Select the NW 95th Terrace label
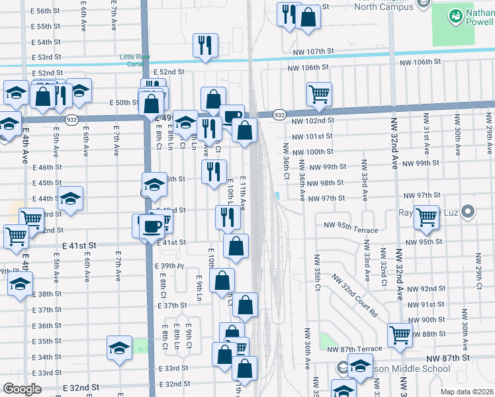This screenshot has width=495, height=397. tap(351, 230)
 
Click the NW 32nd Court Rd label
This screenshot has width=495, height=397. tap(354, 295)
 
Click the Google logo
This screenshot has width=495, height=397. tap(22, 389)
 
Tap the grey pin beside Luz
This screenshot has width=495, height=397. tap(469, 212)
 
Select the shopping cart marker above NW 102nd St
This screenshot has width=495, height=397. tap(319, 93)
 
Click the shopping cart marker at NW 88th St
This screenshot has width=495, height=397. tap(400, 334)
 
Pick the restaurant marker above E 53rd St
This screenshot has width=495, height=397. tap(204, 45)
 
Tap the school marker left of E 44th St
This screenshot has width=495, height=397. tap(69, 198)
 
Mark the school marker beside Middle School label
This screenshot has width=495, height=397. tap(360, 367)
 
